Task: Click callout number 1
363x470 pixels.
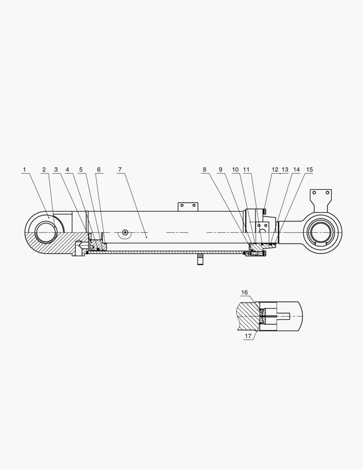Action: pos(24,169)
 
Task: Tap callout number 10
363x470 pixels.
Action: pos(235,169)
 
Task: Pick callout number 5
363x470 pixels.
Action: pos(80,169)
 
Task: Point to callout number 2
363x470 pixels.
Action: pos(44,169)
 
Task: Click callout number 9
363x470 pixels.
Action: pos(220,169)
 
